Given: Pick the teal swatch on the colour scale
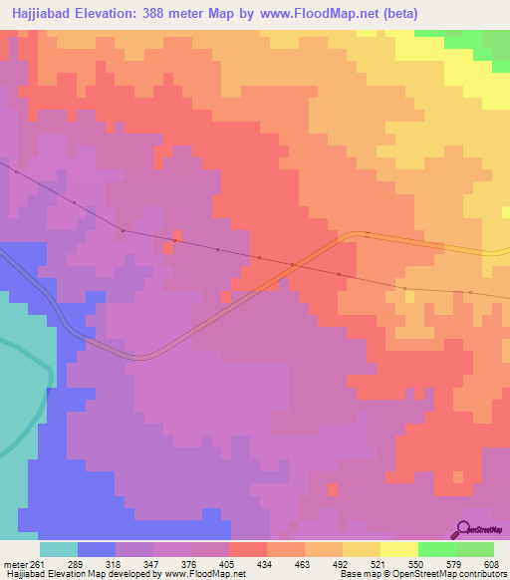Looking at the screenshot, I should tap(59, 549).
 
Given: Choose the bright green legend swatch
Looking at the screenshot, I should tap(436, 549).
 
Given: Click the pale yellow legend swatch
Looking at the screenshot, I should tap(398, 549).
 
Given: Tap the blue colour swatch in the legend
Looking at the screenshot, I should tap(97, 549).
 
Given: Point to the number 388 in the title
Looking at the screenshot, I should tap(171, 13).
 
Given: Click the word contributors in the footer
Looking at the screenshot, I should tap(479, 575).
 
